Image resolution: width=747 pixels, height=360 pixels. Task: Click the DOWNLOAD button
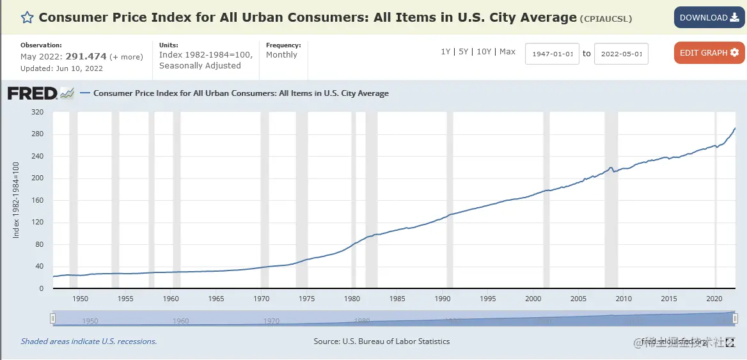708,18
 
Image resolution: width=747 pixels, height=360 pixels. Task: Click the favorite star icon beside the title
28,18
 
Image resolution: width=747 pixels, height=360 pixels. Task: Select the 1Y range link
445,52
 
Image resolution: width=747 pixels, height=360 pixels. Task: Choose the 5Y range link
464,52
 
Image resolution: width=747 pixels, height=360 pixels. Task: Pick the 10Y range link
484,52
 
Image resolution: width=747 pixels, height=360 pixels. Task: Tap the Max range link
508,52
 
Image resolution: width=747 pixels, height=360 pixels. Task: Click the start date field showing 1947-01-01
553,54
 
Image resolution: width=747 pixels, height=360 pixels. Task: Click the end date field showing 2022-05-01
621,54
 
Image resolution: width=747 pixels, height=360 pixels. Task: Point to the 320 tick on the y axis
37,112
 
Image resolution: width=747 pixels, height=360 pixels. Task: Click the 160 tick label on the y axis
37,200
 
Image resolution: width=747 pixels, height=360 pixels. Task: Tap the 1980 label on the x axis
352,299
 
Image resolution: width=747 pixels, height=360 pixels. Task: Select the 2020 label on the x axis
714,299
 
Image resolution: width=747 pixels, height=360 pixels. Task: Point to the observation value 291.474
86,57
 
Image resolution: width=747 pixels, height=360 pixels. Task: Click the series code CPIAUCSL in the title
606,19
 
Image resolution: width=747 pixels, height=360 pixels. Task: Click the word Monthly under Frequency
282,55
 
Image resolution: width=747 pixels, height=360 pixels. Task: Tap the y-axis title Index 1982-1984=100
17,200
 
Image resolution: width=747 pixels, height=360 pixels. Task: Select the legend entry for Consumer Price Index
240,93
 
